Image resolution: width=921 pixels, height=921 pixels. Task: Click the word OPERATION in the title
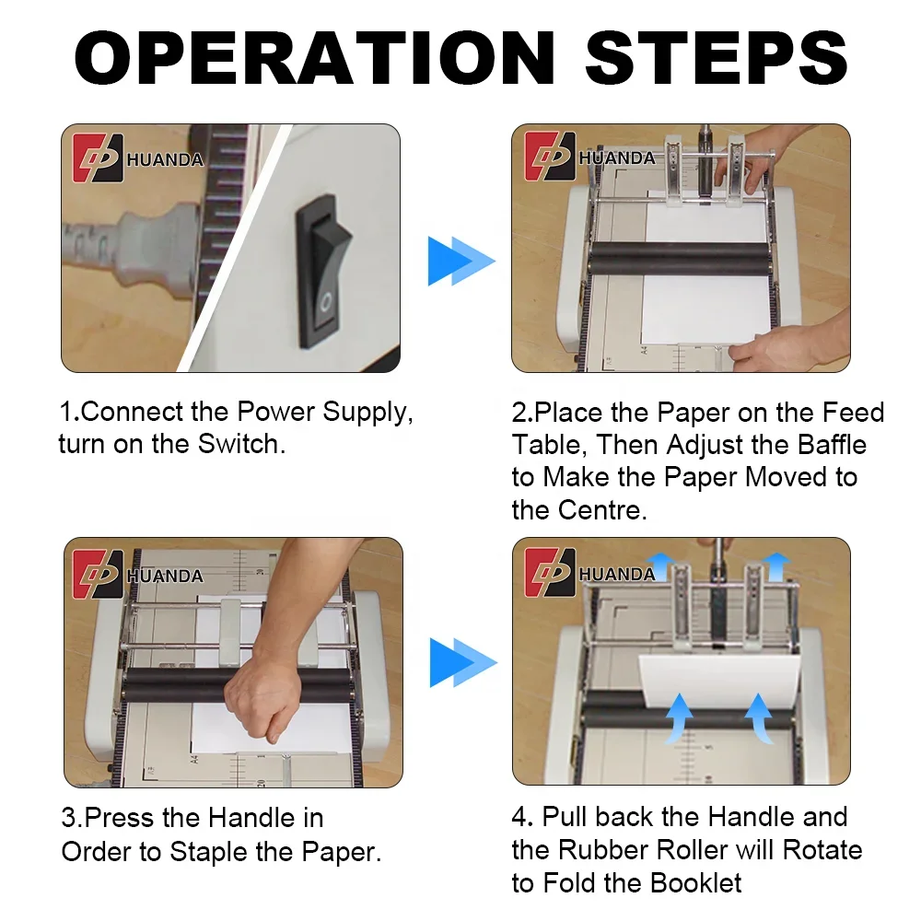pyautogui.click(x=314, y=57)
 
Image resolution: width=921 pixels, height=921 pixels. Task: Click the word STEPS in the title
pyautogui.click(x=717, y=57)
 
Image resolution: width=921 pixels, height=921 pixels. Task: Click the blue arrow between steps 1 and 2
pyautogui.click(x=461, y=261)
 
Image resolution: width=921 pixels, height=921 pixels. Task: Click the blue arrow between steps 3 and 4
pyautogui.click(x=463, y=662)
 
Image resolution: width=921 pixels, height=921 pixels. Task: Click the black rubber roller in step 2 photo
pyautogui.click(x=680, y=259)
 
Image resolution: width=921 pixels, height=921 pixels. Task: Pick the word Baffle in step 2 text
pyautogui.click(x=832, y=445)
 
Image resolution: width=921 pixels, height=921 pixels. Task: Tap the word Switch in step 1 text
pyautogui.click(x=241, y=444)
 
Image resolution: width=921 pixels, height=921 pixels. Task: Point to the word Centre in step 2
pyautogui.click(x=602, y=510)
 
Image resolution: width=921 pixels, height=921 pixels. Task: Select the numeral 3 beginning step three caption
pyautogui.click(x=69, y=818)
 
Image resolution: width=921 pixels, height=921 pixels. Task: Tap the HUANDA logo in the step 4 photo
pyautogui.click(x=590, y=573)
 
